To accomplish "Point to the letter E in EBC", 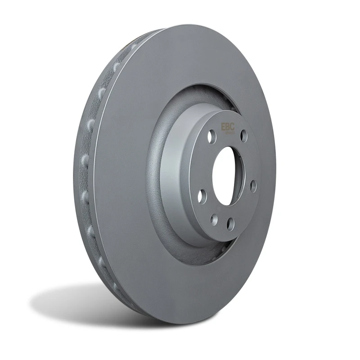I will [223, 127].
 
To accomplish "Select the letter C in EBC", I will [232, 127].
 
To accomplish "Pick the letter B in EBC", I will [227, 127].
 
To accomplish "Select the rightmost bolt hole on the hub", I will [253, 186].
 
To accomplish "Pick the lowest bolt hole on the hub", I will [230, 224].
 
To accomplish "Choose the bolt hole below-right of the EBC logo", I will [243, 135].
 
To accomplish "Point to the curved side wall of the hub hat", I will [173, 180].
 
